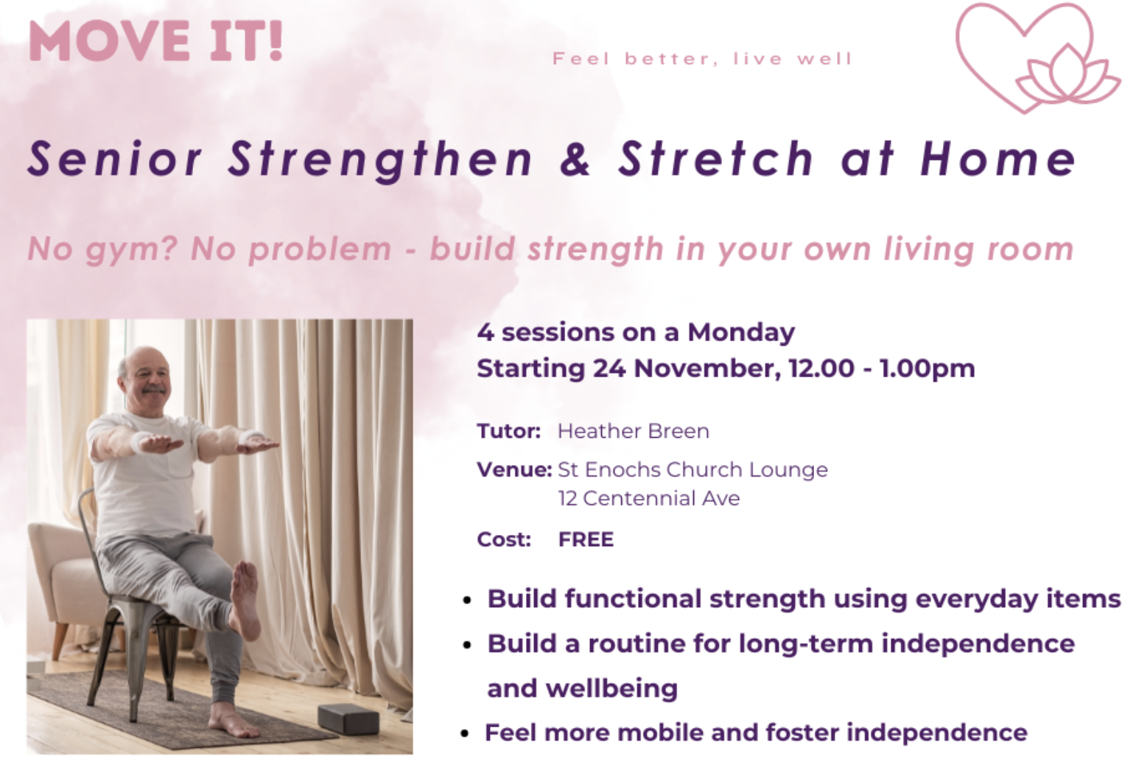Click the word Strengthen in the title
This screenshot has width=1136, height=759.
click(380, 160)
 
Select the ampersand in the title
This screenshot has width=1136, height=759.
click(575, 159)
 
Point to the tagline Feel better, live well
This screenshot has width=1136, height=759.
click(702, 59)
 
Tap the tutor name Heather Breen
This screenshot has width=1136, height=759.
click(633, 431)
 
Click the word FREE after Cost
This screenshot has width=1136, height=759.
click(586, 539)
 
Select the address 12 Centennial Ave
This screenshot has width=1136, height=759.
click(648, 499)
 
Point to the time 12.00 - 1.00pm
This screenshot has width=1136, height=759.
click(881, 368)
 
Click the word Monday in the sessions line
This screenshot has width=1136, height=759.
click(741, 332)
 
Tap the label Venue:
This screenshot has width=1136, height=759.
click(513, 469)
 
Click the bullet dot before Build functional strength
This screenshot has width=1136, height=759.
click(467, 601)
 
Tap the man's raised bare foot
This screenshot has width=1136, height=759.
click(245, 597)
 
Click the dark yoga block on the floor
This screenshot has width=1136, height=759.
click(348, 718)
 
